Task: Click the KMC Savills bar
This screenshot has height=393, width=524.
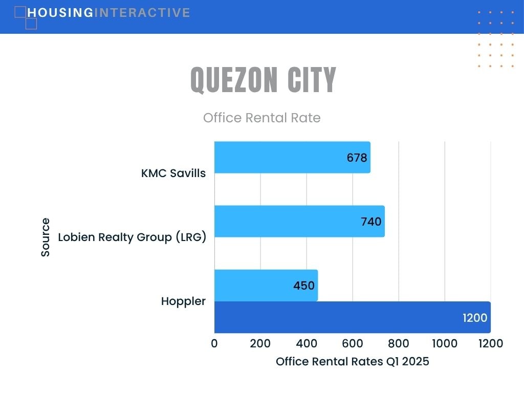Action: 292,158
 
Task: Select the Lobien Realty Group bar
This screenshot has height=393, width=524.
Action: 299,221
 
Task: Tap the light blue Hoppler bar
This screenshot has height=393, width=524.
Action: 266,286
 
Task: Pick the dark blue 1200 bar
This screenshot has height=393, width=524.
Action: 353,317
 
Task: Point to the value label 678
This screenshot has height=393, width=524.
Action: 357,158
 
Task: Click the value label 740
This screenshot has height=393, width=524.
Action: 371,222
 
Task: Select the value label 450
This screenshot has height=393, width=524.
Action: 304,286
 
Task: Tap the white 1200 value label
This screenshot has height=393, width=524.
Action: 475,318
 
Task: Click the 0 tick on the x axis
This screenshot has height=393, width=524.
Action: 214,343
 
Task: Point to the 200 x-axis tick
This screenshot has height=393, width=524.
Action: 260,343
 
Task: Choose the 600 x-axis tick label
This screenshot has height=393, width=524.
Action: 353,343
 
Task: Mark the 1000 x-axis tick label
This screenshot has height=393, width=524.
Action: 445,343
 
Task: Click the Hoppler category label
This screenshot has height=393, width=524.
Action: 183,301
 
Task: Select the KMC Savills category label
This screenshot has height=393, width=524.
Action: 173,173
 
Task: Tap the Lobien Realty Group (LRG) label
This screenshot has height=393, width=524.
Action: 132,237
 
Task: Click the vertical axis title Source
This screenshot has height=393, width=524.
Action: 46,237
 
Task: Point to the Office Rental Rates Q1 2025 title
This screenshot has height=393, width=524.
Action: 353,362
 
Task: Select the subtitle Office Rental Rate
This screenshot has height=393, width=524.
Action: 262,118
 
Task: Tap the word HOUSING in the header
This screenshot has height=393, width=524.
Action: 60,13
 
